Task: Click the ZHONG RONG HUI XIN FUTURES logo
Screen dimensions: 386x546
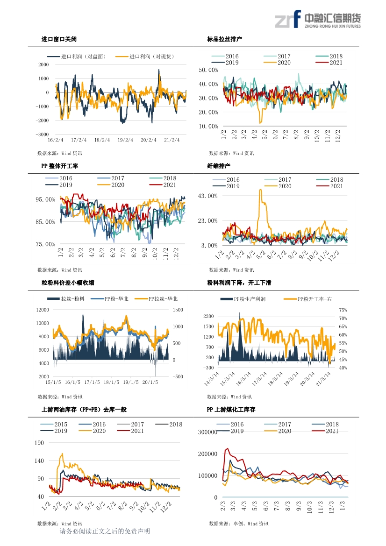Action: tap(318, 19)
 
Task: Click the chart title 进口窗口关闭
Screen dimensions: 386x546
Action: tap(59, 39)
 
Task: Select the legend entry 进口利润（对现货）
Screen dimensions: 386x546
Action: tap(145, 57)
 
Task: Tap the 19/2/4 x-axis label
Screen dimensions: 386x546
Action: tap(125, 140)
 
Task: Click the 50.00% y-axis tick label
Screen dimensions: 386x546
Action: tap(208, 70)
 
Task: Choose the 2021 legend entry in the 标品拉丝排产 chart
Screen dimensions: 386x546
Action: tap(329, 63)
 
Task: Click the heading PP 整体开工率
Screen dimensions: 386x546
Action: tap(59, 166)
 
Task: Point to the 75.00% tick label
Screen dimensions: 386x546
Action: tap(45, 244)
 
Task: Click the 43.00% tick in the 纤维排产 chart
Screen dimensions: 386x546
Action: tap(207, 196)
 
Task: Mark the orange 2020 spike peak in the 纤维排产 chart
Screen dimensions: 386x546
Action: tap(260, 190)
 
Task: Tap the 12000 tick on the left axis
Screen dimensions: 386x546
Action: tap(43, 310)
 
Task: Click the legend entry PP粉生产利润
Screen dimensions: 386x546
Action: tap(243, 299)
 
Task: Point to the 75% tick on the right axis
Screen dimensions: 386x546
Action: tap(343, 310)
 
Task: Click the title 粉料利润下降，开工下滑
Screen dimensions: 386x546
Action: tap(239, 283)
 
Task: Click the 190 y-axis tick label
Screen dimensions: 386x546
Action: tap(39, 443)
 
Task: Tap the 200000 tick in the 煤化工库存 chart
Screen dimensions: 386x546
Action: tap(207, 454)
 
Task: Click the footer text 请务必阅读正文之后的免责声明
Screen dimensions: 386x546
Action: tap(105, 531)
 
